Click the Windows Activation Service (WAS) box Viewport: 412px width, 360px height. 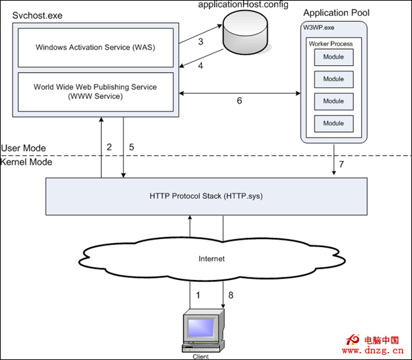(x=96, y=47)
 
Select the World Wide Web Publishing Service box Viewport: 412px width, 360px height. (x=96, y=91)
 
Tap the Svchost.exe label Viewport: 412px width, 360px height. (x=38, y=15)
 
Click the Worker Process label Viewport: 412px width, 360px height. (x=331, y=44)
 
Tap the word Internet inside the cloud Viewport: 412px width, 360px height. (x=211, y=258)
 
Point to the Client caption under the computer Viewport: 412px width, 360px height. (x=201, y=357)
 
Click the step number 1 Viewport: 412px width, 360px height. (x=198, y=295)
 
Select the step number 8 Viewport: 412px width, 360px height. (x=230, y=295)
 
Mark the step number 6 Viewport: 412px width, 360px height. (x=239, y=101)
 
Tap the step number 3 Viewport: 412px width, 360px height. (x=201, y=42)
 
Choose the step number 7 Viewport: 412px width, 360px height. (x=341, y=162)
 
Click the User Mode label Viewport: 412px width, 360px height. (x=24, y=148)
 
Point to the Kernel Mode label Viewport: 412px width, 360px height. (x=26, y=162)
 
